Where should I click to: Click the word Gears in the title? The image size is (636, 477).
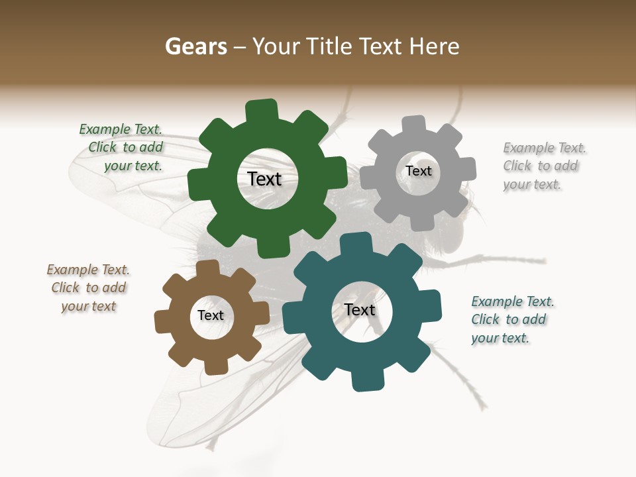point(195,46)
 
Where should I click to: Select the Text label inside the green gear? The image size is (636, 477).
point(264,179)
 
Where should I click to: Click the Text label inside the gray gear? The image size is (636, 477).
point(419,171)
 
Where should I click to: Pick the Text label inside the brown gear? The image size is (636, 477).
point(211,316)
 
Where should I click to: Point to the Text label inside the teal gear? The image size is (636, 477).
point(360,310)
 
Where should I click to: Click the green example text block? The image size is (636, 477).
point(122,148)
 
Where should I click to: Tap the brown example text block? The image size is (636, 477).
point(89,288)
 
